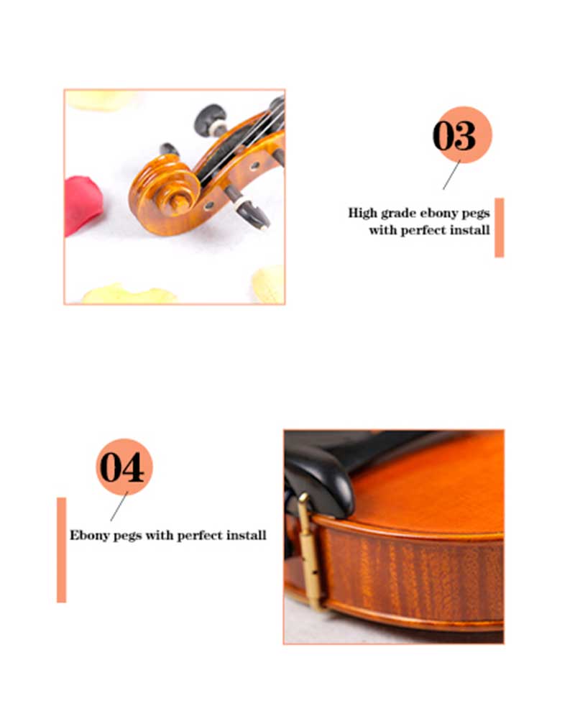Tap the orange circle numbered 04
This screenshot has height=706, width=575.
pyautogui.click(x=124, y=467)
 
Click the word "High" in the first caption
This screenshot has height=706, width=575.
pyautogui.click(x=362, y=213)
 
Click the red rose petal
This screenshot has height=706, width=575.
pyautogui.click(x=83, y=204)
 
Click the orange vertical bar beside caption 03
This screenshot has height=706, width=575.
pyautogui.click(x=500, y=227)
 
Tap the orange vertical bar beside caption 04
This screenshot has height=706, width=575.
pyautogui.click(x=61, y=550)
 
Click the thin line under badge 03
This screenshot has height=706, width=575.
pyautogui.click(x=451, y=175)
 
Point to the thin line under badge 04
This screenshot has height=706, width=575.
pyautogui.click(x=119, y=507)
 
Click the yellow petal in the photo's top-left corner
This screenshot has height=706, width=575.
pyautogui.click(x=100, y=99)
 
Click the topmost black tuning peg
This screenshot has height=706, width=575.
pyautogui.click(x=211, y=119)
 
